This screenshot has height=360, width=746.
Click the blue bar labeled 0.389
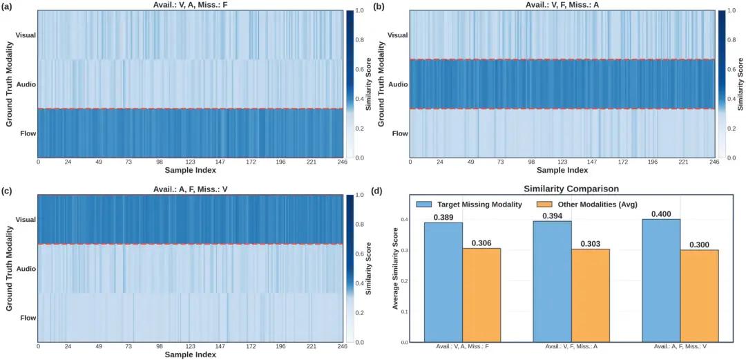(x=443, y=282)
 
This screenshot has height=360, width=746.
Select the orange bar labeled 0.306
(x=481, y=295)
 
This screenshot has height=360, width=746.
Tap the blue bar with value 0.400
(x=661, y=281)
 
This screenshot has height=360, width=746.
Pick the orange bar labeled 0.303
(x=591, y=295)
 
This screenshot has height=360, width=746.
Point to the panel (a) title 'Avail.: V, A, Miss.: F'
(x=191, y=4)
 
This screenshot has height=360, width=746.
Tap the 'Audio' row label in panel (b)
(x=399, y=84)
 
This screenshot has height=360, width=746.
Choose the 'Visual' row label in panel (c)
(x=26, y=220)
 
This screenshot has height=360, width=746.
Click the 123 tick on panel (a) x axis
(x=191, y=162)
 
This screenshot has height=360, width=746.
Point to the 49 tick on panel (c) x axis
(x=99, y=347)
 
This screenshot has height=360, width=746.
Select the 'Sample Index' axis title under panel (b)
(x=562, y=170)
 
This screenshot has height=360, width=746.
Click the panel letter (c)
(x=8, y=191)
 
